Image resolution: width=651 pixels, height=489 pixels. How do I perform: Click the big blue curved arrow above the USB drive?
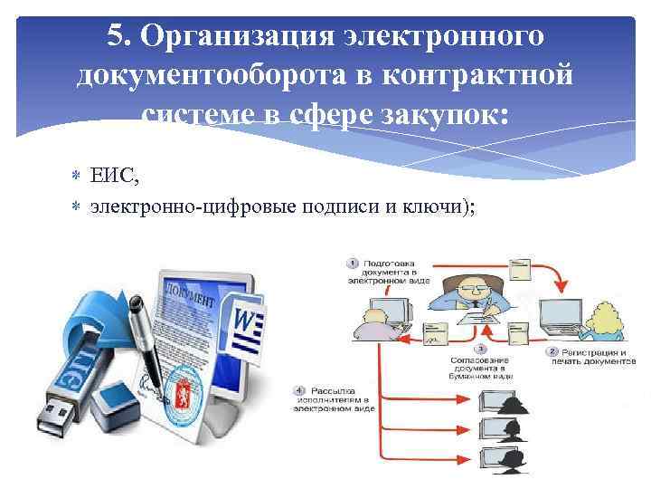pyautogui.click(x=86, y=316)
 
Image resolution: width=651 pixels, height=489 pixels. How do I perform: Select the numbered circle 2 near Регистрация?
pyautogui.click(x=552, y=350)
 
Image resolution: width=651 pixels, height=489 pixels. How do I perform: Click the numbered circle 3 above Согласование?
pyautogui.click(x=479, y=348)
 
